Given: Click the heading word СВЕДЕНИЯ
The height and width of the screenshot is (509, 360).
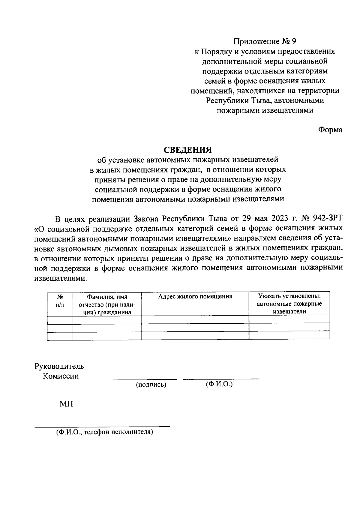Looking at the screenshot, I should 187,149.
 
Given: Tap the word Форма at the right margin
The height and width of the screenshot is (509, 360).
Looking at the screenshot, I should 330,130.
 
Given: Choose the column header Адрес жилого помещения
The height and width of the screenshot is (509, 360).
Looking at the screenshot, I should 195,297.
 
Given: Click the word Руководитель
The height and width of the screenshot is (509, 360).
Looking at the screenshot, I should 59,366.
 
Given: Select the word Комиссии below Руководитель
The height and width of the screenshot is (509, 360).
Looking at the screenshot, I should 61,376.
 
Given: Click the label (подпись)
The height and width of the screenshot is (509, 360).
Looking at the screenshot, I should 151,385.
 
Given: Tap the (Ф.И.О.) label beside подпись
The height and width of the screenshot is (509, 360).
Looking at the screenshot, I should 219,384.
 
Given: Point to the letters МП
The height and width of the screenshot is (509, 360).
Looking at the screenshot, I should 66,404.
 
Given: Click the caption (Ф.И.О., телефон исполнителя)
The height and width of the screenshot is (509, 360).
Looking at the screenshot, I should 104,432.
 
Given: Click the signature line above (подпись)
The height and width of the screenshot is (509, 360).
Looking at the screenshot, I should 145,380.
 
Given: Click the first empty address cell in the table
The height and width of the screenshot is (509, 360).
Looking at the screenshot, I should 195,319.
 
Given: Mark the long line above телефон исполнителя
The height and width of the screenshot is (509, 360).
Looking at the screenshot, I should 102,426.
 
